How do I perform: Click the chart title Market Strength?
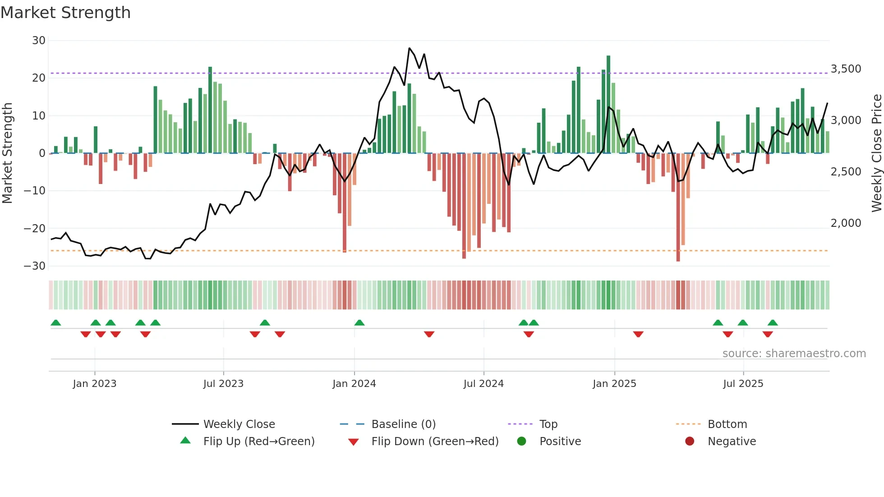[65, 13]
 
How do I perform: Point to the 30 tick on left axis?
[39, 41]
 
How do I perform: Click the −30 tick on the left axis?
[35, 266]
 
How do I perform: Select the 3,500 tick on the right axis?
[846, 69]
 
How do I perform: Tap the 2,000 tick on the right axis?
[846, 223]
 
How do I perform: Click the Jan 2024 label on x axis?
[354, 384]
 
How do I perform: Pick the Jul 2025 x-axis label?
[743, 384]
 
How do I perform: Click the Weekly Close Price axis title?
[876, 153]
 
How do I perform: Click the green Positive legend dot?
[522, 442]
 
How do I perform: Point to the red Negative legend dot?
[690, 442]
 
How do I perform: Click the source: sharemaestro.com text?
[794, 354]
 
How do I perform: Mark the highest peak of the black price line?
[410, 48]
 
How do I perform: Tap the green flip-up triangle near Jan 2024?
[359, 323]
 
